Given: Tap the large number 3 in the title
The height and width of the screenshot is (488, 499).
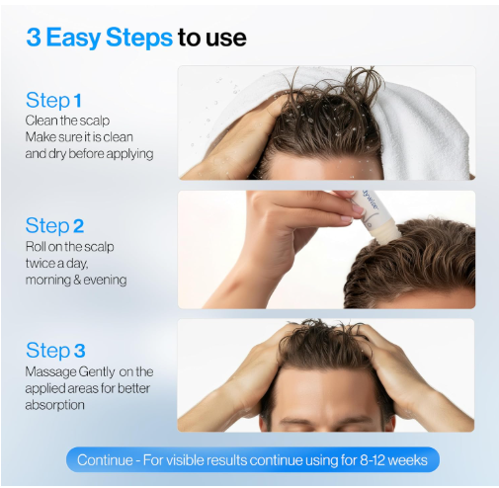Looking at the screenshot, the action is pos(34,38).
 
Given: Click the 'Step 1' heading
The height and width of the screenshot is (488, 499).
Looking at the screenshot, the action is pos(53,100).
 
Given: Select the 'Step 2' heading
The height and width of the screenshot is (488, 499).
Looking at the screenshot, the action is pos(54,226).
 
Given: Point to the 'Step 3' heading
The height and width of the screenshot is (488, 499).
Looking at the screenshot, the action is pos(55,350).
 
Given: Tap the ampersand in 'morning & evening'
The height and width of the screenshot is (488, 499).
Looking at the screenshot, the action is pos(77,281).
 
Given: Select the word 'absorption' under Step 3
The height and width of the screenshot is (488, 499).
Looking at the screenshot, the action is pos(55,405).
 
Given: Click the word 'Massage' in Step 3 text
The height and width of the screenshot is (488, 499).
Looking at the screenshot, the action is pos(50,372).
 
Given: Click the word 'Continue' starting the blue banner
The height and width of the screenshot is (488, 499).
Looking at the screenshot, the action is pos(105,460).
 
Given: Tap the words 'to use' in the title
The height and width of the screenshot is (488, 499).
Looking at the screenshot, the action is pos(212,39).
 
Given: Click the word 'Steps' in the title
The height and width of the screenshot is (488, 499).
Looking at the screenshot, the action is pos(139,39).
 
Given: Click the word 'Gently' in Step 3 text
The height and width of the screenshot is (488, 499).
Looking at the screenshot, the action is pos(97,372).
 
